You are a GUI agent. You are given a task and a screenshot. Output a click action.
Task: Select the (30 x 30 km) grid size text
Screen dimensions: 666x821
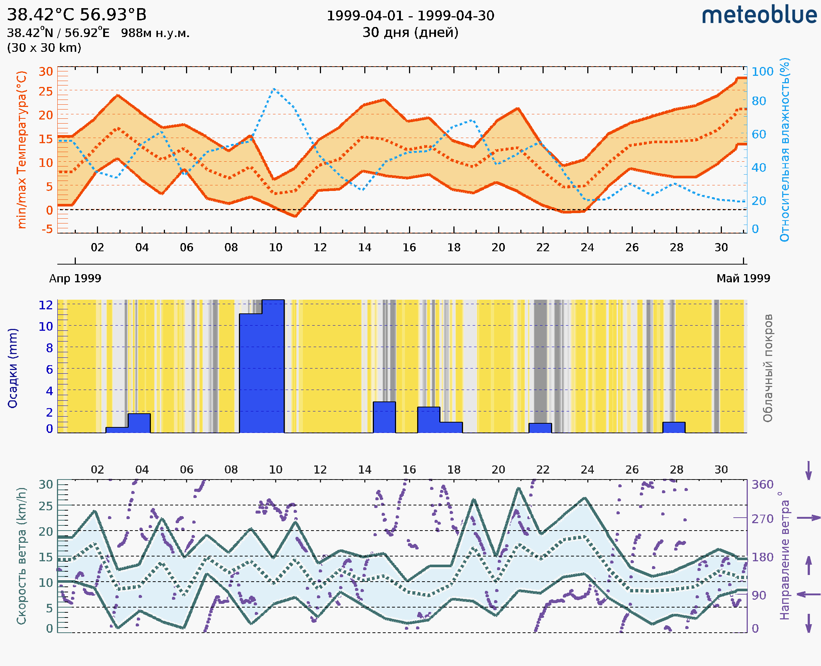click(44, 48)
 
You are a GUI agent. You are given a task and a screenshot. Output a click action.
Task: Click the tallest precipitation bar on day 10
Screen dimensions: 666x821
click(273, 366)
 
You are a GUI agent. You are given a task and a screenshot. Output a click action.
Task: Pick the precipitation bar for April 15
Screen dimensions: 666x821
click(384, 417)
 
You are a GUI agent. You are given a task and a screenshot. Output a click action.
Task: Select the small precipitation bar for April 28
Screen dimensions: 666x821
click(674, 427)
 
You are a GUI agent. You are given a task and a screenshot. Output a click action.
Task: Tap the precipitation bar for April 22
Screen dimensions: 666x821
click(540, 428)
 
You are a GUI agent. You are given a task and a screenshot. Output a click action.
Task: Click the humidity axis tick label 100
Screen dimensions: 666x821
click(762, 72)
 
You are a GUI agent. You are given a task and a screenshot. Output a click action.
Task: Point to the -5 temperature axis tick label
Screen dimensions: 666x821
click(47, 229)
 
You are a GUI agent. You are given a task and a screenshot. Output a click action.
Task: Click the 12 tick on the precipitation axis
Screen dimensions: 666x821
click(45, 305)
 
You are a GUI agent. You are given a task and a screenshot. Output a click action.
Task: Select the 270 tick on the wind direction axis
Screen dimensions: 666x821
click(762, 519)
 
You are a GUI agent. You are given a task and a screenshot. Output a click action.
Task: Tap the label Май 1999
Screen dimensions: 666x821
click(743, 279)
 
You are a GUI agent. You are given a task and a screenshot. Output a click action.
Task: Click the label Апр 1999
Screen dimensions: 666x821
click(75, 279)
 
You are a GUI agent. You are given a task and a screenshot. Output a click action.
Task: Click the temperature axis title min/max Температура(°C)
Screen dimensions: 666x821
click(22, 149)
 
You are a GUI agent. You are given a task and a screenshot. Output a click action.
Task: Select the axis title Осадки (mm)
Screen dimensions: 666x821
click(13, 368)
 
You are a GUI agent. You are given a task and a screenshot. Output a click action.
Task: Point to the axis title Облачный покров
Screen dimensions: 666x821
click(768, 368)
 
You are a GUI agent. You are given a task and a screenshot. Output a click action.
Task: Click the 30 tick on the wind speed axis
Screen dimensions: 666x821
click(45, 485)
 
